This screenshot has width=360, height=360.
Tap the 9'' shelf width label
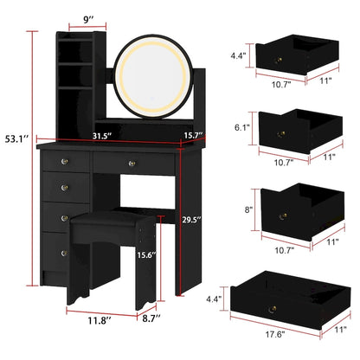click(x=88, y=18)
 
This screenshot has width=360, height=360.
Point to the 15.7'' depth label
click(x=192, y=135)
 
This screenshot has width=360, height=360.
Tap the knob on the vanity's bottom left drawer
click(x=62, y=251)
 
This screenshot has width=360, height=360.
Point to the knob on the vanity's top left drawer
click(x=62, y=160)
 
